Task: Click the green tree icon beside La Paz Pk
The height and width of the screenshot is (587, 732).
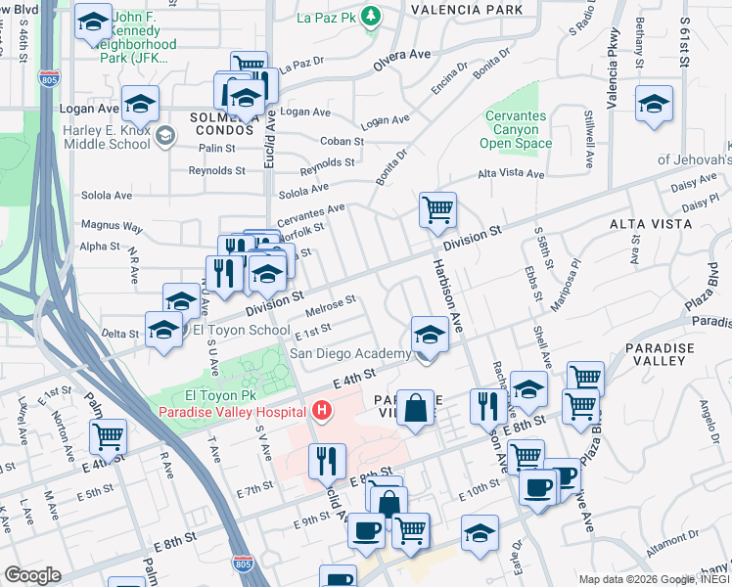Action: tap(371, 16)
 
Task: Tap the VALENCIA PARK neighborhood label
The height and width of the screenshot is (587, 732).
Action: tap(460, 10)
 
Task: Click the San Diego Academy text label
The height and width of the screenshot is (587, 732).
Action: tap(349, 353)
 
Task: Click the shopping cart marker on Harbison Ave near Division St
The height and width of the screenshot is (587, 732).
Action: tap(437, 209)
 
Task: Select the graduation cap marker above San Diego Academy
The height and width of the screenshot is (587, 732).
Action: tap(429, 335)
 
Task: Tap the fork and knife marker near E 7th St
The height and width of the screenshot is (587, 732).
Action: tap(327, 462)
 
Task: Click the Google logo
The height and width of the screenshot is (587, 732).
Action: tap(32, 575)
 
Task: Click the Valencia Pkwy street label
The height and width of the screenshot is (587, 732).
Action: tap(616, 79)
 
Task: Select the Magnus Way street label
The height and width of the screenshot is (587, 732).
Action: tap(112, 226)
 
